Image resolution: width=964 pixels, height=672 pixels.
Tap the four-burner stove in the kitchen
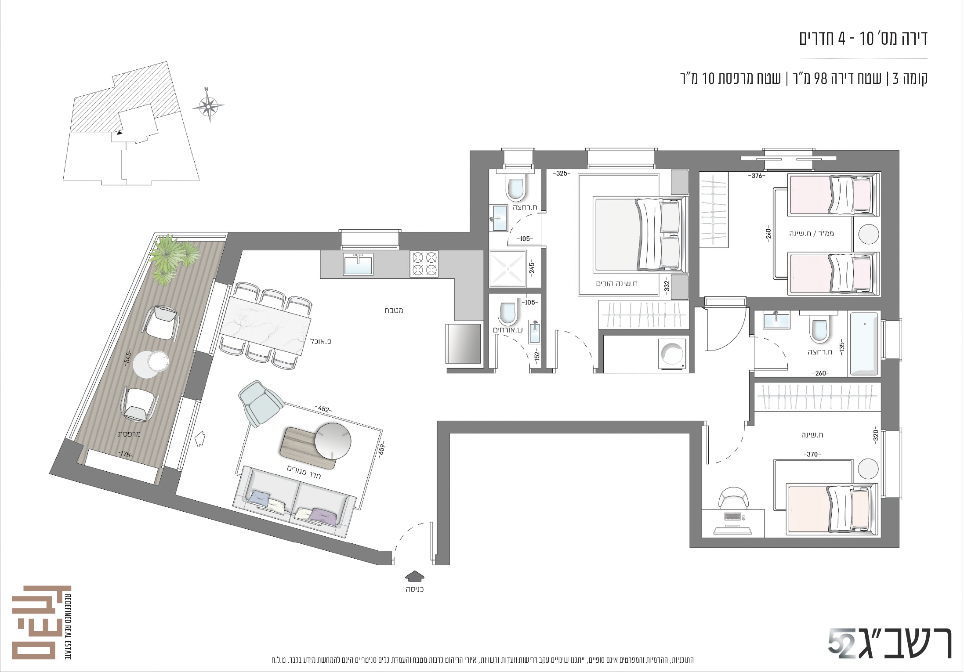click(x=424, y=264)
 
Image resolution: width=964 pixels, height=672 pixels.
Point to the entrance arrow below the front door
click(x=414, y=575)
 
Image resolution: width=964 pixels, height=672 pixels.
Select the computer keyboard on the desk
click(x=732, y=517)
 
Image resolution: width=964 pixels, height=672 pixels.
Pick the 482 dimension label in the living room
click(x=323, y=409)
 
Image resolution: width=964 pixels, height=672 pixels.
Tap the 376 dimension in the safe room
click(x=756, y=176)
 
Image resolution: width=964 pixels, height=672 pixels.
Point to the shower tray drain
click(x=508, y=268)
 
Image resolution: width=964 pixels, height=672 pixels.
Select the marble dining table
click(x=265, y=325)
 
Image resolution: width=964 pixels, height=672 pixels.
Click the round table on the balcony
click(x=151, y=364)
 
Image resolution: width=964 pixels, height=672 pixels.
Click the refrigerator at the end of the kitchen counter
click(x=464, y=344)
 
